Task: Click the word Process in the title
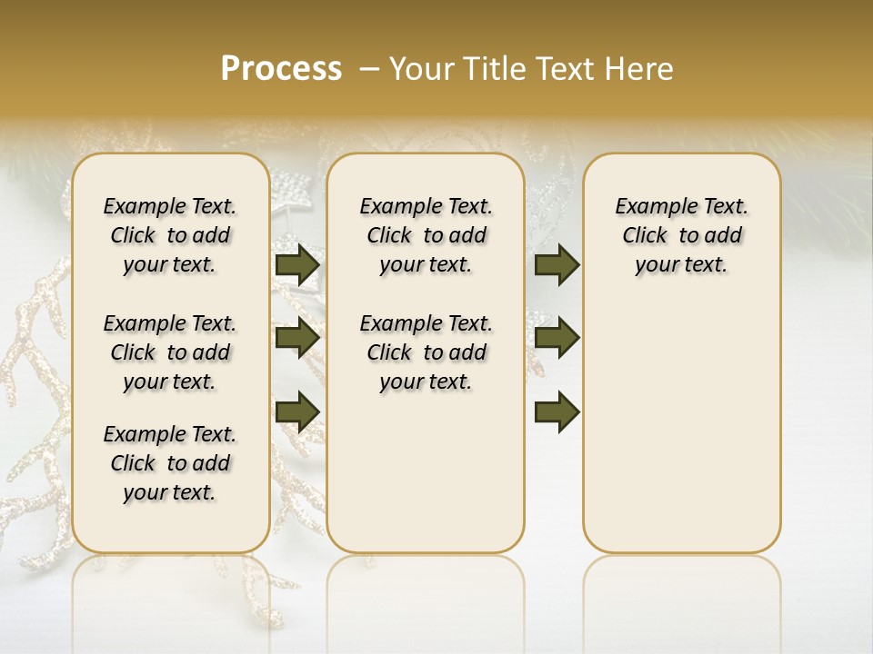tap(281, 69)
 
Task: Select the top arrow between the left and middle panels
tap(296, 265)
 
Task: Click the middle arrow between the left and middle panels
tap(296, 338)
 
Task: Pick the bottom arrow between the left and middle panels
tap(296, 411)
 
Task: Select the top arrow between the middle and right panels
tap(557, 265)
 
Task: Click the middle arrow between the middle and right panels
tap(557, 338)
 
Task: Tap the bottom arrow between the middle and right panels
tap(557, 411)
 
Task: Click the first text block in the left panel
tap(170, 235)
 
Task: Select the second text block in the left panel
tap(170, 352)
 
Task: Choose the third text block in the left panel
tap(170, 463)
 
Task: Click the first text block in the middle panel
tap(426, 235)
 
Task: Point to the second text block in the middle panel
tap(426, 352)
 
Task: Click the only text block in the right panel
tap(681, 235)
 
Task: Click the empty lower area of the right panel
tap(681, 436)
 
